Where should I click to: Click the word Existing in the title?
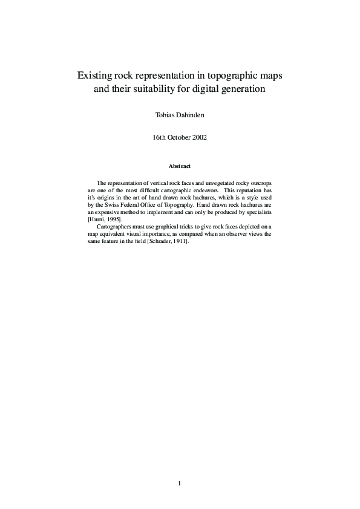click(x=94, y=77)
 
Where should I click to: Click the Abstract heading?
click(x=180, y=166)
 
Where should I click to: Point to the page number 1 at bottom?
click(x=180, y=483)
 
